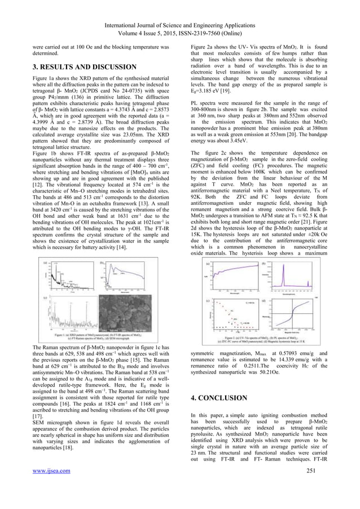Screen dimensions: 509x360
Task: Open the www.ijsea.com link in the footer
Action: tap(52, 486)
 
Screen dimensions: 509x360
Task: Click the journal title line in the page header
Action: tap(180, 7)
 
